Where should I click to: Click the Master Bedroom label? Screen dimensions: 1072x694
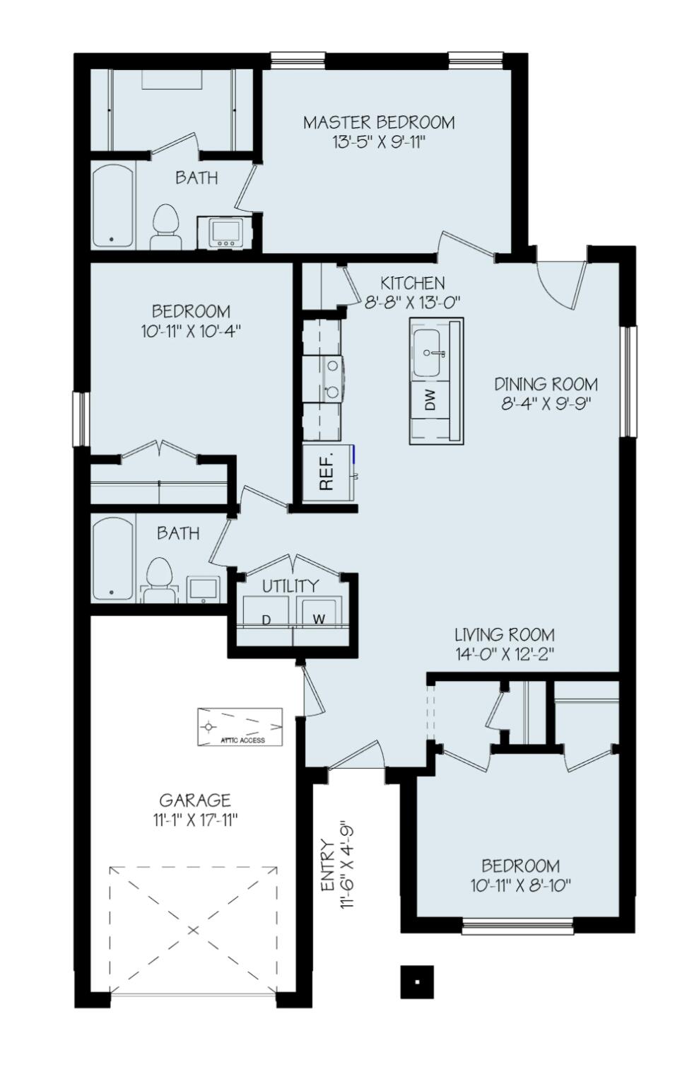point(379,122)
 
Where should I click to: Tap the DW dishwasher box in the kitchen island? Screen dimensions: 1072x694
point(430,400)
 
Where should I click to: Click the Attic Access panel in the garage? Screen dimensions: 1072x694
point(240,726)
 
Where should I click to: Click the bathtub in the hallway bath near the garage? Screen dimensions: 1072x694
point(113,559)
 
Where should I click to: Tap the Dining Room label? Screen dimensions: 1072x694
point(545,385)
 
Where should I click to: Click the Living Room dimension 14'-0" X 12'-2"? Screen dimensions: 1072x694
point(504,653)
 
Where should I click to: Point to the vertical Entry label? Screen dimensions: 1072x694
point(327,864)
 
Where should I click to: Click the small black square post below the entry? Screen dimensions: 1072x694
point(416,981)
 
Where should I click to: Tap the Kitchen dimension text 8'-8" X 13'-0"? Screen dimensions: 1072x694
point(413,301)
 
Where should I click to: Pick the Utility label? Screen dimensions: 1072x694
point(290,585)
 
